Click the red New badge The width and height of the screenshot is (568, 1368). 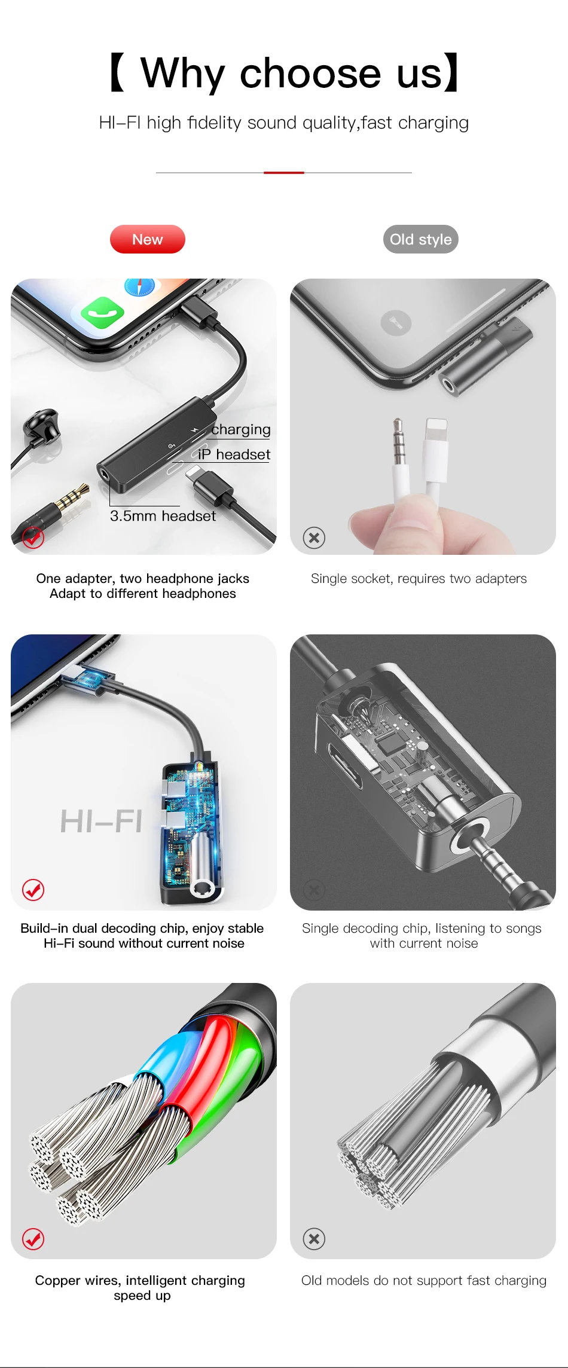(148, 239)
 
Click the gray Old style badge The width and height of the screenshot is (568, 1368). (421, 239)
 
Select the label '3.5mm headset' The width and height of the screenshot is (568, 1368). (163, 516)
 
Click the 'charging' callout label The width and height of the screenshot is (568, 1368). (241, 429)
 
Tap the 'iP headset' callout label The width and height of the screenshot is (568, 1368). (234, 454)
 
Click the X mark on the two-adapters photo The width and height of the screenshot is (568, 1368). (314, 538)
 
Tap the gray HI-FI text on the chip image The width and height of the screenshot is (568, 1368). (101, 821)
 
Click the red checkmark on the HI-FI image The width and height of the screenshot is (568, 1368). (33, 890)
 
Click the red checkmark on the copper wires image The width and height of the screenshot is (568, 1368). (33, 1239)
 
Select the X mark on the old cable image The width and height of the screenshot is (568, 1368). (314, 1238)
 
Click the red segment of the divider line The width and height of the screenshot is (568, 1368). (284, 172)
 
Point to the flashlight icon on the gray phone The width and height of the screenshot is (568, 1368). (396, 323)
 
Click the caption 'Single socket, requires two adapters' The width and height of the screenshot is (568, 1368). (419, 579)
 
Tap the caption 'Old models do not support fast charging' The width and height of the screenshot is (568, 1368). (424, 1280)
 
